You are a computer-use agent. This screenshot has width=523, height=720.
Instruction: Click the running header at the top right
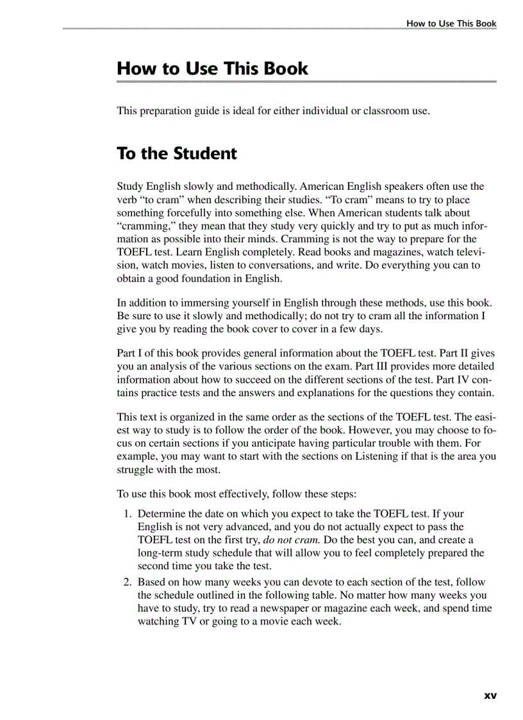tap(451, 24)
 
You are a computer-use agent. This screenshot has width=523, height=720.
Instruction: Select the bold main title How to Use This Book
tap(212, 69)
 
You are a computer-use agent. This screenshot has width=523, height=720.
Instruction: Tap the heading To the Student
tap(177, 154)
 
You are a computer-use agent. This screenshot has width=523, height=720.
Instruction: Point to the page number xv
tap(490, 695)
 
